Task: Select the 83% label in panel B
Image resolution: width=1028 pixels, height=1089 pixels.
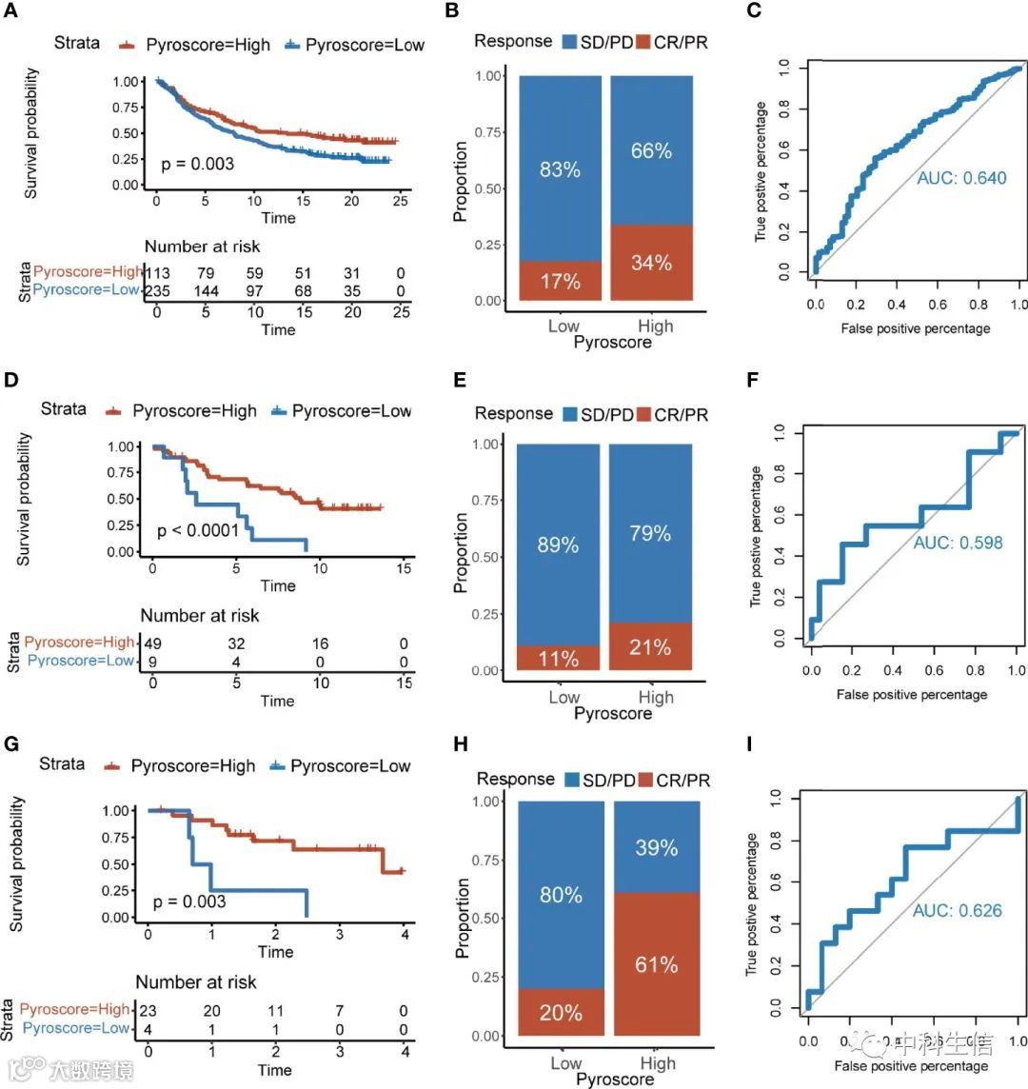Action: (560, 170)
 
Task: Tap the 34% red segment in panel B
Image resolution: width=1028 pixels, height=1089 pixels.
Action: (651, 262)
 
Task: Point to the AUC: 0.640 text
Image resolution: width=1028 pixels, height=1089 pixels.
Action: (961, 178)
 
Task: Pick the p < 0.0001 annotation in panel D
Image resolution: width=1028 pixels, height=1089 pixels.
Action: (198, 530)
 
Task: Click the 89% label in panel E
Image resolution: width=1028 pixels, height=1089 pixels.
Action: (558, 545)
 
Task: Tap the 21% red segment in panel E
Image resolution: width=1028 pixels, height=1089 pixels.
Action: (651, 647)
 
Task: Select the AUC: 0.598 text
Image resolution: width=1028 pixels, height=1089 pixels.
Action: (958, 544)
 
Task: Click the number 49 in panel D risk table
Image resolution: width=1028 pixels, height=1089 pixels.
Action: (151, 643)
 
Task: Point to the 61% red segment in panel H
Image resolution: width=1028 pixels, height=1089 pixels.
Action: (657, 965)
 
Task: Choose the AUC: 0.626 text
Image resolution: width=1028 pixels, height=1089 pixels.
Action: (957, 911)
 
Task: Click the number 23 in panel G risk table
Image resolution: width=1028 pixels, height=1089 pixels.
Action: (148, 1009)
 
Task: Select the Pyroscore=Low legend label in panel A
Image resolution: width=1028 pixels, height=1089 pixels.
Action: (364, 45)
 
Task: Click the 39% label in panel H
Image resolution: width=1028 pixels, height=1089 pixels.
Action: (656, 847)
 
